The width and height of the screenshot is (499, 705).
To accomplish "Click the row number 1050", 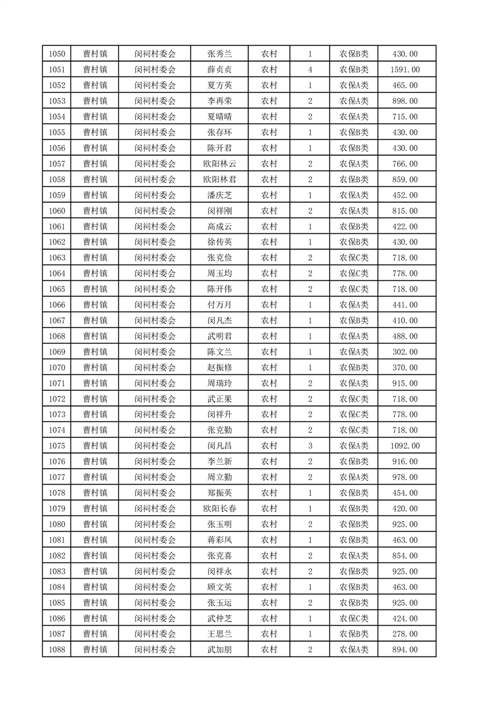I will (57, 54).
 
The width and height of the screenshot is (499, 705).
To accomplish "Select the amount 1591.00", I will (405, 70).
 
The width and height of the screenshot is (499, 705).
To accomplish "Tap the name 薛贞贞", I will (219, 70).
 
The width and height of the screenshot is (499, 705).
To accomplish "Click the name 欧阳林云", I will (219, 164).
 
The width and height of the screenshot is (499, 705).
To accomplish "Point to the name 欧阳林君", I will (219, 180).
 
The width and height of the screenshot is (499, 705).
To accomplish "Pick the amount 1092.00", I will (405, 446).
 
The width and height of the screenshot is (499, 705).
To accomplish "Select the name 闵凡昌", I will (219, 446).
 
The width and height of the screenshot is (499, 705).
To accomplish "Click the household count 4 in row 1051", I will (310, 70).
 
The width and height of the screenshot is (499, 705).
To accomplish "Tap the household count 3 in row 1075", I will (310, 446).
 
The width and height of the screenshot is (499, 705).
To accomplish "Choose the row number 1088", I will (57, 650).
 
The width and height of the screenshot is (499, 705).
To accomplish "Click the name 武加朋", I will (219, 650).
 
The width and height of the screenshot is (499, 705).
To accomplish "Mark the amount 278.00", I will (405, 635).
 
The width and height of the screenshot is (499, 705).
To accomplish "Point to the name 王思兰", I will (219, 635).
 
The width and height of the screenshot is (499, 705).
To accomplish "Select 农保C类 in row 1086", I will (354, 619).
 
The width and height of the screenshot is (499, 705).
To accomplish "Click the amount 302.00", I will (405, 352).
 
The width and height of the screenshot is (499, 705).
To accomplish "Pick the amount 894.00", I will (405, 650).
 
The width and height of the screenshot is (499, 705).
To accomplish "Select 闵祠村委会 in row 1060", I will (155, 211).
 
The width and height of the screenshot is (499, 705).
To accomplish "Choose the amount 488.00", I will (405, 336).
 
